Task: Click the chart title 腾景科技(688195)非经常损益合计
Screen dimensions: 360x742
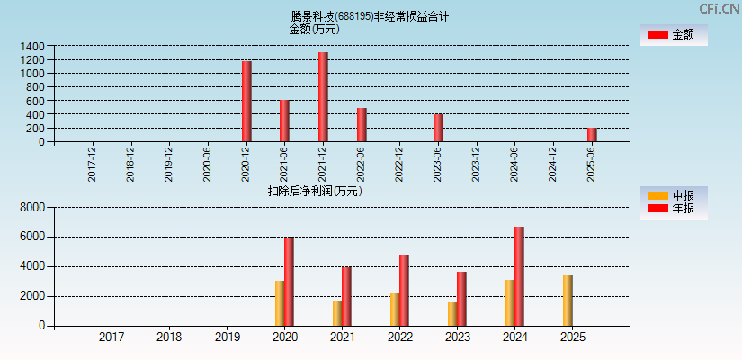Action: [370, 15]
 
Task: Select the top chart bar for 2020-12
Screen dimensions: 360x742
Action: [246, 101]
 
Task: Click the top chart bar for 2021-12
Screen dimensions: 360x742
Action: [323, 96]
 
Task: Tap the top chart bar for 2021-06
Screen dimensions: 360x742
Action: [284, 121]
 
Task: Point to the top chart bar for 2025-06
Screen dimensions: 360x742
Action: [592, 134]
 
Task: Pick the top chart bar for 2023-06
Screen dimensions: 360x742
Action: [438, 127]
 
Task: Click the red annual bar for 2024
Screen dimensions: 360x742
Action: [519, 276]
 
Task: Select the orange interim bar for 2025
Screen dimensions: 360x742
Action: [568, 300]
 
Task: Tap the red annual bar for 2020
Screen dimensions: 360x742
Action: [289, 281]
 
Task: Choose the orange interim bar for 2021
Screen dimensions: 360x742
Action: [337, 312]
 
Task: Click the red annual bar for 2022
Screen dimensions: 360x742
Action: [404, 290]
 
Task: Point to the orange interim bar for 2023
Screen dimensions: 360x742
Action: [452, 313]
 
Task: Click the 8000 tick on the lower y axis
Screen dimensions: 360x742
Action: [31, 207]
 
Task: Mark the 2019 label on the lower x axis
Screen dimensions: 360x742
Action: [227, 337]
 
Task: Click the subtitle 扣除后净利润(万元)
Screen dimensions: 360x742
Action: [315, 191]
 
